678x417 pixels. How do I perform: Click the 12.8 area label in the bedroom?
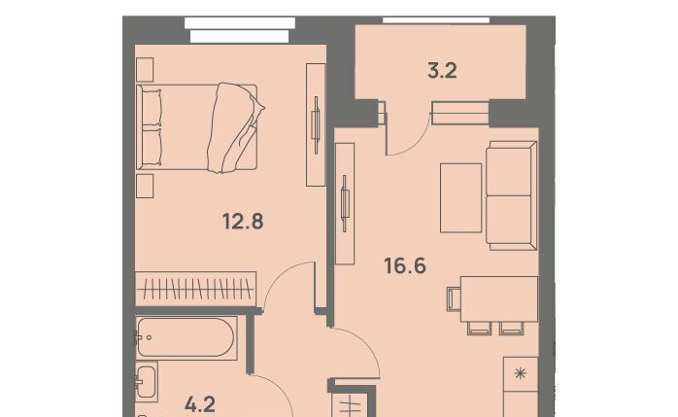[243, 222]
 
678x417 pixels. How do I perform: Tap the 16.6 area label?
[405, 265]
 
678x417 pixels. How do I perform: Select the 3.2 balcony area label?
[442, 71]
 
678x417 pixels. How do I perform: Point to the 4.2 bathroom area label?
[200, 405]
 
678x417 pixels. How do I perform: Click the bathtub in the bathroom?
[186, 338]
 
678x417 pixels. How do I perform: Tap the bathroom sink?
[146, 382]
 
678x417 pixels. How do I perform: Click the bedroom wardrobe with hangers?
[195, 289]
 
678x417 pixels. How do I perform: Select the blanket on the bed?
[233, 127]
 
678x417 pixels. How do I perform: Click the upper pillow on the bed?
[152, 107]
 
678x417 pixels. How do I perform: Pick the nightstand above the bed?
[145, 70]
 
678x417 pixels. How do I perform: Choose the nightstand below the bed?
[145, 186]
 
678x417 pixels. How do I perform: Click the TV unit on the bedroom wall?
[316, 125]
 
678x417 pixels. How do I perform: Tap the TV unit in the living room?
[345, 203]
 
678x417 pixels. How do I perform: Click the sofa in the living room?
[512, 195]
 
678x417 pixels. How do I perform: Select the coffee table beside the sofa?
[461, 198]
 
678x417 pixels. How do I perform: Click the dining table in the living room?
[499, 299]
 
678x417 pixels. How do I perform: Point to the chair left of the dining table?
[454, 299]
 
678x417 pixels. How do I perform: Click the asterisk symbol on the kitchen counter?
[521, 373]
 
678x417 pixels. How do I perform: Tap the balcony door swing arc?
[415, 141]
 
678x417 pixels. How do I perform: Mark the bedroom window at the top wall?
[240, 30]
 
